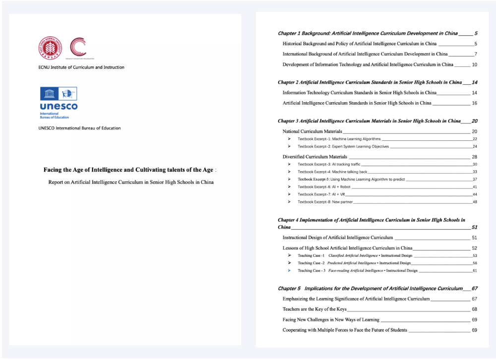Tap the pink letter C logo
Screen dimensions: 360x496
(78, 47)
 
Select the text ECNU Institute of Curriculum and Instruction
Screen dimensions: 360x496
(81, 67)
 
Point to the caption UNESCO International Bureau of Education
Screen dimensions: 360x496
(79, 128)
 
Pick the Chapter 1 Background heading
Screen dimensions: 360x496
(368, 34)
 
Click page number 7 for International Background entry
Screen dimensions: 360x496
(475, 54)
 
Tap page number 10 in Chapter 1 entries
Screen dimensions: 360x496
(474, 64)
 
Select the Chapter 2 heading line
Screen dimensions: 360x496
(370, 82)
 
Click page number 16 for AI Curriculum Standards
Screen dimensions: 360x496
(474, 103)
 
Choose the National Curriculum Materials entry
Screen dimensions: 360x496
(312, 131)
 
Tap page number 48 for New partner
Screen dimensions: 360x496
(475, 202)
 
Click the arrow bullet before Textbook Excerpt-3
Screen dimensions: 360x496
(289, 164)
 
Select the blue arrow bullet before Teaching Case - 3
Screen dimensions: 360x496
(289, 271)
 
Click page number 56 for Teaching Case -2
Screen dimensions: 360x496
(475, 263)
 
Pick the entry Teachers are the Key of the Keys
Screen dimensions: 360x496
(314, 309)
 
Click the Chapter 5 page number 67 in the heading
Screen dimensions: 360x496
(474, 289)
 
